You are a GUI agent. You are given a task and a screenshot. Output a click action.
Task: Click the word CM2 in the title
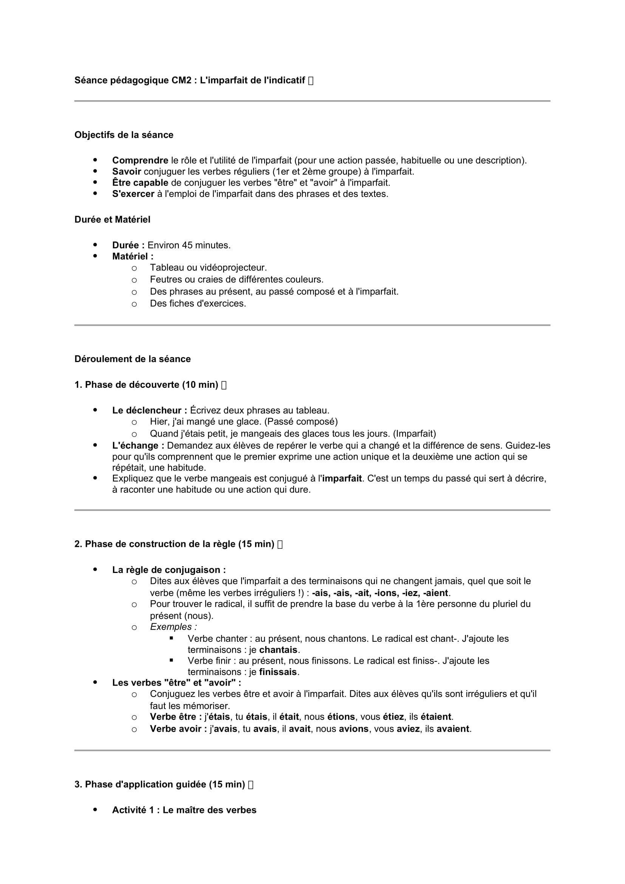click(181, 81)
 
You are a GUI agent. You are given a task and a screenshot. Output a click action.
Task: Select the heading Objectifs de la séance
click(124, 135)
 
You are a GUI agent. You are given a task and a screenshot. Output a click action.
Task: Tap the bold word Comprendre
click(140, 161)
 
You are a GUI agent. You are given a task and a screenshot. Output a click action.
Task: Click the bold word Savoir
click(127, 172)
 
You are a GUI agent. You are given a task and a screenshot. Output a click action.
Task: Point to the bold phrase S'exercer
click(133, 194)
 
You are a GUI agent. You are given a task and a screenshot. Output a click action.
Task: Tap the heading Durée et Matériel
click(112, 220)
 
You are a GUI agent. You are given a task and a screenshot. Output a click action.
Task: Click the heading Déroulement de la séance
click(132, 359)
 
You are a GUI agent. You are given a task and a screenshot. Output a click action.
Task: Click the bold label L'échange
click(138, 446)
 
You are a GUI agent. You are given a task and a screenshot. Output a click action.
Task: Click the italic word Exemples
click(173, 627)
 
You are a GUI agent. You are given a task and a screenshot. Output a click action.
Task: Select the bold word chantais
click(278, 650)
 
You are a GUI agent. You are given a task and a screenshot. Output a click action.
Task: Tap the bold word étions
click(341, 717)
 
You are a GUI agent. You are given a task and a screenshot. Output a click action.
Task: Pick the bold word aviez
click(408, 729)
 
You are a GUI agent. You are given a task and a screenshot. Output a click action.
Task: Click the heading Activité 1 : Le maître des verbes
click(184, 810)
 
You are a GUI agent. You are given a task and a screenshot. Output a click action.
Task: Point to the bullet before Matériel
click(95, 256)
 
